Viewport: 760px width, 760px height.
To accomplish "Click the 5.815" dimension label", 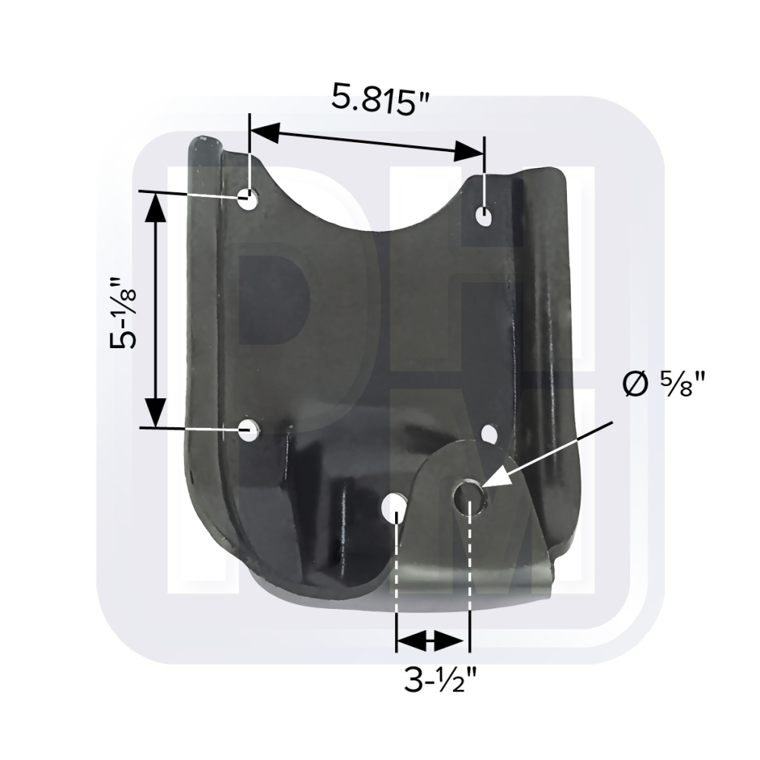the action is click(x=381, y=99).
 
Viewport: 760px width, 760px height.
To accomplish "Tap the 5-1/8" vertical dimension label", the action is click(x=122, y=312).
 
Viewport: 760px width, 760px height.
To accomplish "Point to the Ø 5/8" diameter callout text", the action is click(x=663, y=384).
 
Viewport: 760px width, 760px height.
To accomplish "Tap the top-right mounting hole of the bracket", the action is click(x=483, y=215).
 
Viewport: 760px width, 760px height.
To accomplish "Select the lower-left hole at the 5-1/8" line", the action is click(x=249, y=429).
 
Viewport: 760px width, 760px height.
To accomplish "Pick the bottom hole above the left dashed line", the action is click(x=394, y=506).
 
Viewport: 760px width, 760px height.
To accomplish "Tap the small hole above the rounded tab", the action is click(x=490, y=434).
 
